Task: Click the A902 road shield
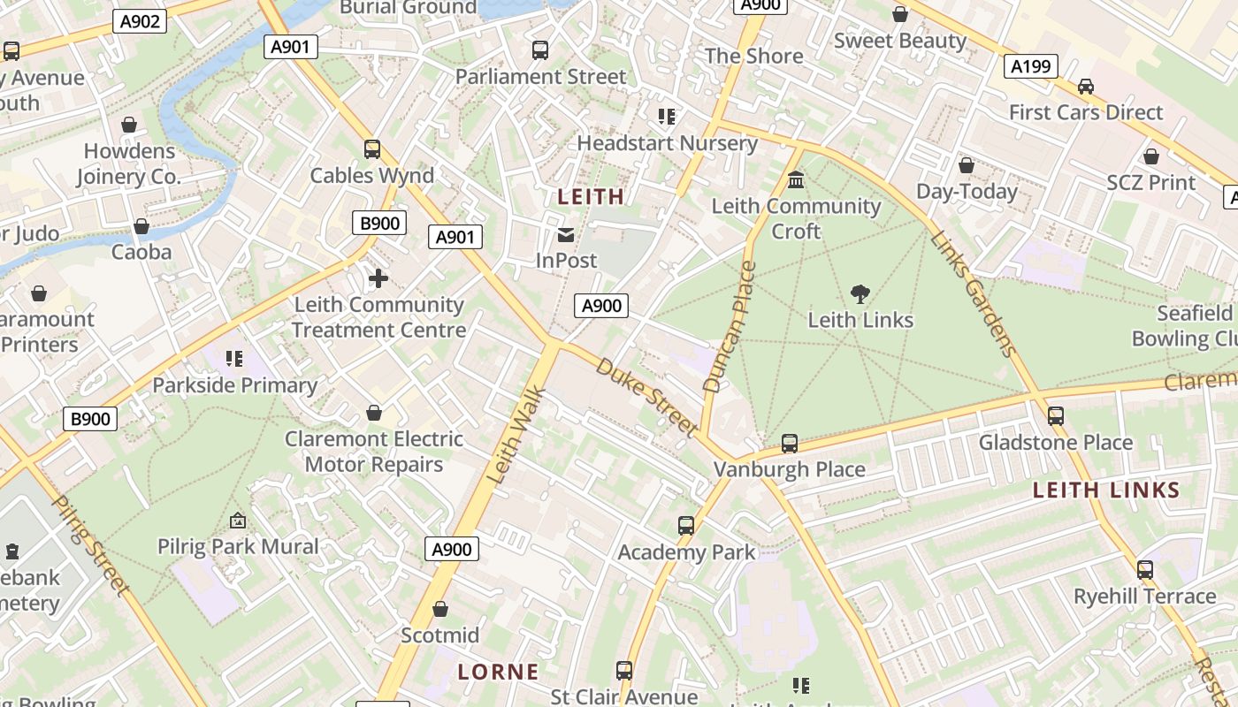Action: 141,21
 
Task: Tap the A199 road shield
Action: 1031,66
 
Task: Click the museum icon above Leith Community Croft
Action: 796,180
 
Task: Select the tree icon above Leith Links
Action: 860,294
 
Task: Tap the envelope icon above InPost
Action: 566,235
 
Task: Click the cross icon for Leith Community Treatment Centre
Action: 378,279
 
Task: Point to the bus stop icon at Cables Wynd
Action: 372,149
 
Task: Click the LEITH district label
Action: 591,196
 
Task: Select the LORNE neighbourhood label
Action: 498,672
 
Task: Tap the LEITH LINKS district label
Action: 1106,490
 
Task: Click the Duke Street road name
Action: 646,397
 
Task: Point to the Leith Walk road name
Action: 518,433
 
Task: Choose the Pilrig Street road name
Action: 91,544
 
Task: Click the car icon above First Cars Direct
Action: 1086,87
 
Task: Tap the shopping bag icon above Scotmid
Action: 440,610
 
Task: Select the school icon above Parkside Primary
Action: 234,359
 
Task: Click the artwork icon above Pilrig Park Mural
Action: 237,521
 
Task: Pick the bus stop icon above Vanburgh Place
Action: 790,444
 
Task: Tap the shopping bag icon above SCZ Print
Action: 1151,157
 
